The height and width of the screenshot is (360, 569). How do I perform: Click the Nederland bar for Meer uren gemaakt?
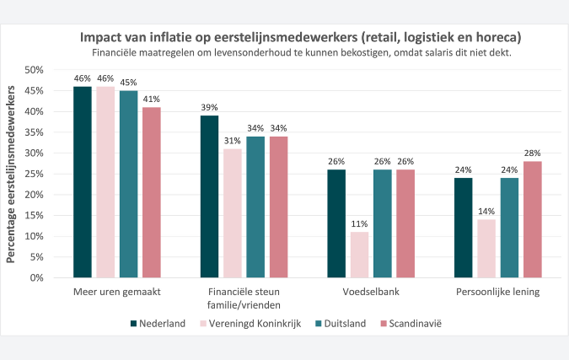pyautogui.click(x=82, y=182)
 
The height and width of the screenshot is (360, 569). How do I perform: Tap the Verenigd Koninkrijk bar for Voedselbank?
pyautogui.click(x=359, y=255)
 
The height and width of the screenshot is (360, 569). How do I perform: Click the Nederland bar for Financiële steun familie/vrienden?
pyautogui.click(x=209, y=196)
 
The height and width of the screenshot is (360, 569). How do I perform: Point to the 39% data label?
pyautogui.click(x=209, y=107)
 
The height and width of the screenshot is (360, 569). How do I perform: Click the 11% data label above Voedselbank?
pyautogui.click(x=359, y=223)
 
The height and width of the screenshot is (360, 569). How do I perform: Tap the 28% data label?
pyautogui.click(x=532, y=153)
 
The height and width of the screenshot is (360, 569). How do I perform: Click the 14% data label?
pyautogui.click(x=486, y=211)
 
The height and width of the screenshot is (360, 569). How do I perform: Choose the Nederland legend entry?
pyautogui.click(x=158, y=324)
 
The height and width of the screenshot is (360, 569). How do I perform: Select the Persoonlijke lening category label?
pyautogui.click(x=497, y=293)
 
